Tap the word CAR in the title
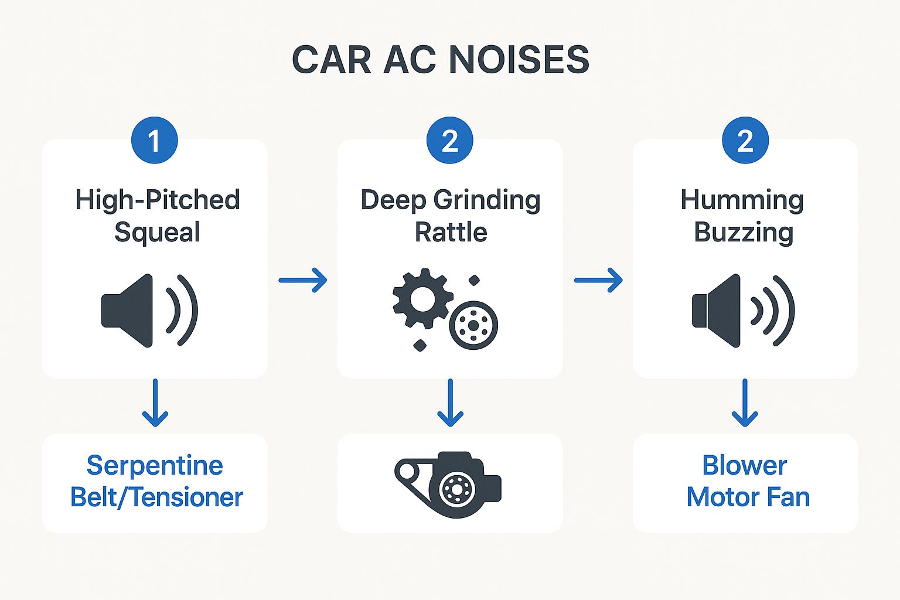click(331, 60)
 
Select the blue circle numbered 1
click(154, 141)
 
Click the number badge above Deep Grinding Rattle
click(449, 141)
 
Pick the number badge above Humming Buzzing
click(745, 141)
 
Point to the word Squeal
click(157, 233)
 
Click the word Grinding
click(487, 200)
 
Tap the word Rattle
click(451, 233)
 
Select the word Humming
click(742, 200)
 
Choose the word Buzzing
click(744, 233)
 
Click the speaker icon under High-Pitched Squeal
click(149, 310)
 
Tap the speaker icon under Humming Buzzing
click(742, 310)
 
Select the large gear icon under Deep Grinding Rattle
click(422, 298)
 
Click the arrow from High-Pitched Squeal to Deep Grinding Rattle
click(302, 280)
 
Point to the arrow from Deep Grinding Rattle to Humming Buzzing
click(598, 280)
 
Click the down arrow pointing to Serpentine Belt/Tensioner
click(155, 403)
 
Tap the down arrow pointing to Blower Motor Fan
click(745, 403)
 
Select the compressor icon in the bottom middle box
click(449, 484)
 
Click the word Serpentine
click(155, 466)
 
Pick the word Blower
click(744, 466)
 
